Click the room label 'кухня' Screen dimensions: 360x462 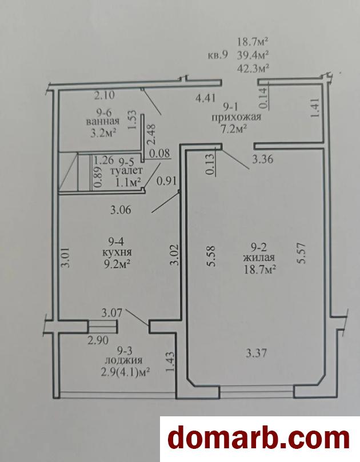point(117,252)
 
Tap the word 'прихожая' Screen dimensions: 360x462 point(237,117)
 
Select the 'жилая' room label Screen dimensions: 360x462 point(259,258)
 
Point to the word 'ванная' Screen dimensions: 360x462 point(103,122)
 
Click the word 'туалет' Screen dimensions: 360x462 point(126,170)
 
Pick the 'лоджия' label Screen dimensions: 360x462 point(124,360)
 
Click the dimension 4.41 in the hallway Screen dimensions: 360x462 point(206,98)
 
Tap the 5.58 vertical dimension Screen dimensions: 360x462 point(211,256)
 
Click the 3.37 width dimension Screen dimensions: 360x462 point(257,352)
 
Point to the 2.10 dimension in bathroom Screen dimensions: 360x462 point(104,95)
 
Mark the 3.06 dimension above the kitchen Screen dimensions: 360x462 point(121,210)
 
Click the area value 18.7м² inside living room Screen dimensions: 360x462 point(259,270)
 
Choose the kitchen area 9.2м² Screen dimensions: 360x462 point(117,264)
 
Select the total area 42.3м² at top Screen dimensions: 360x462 point(253,69)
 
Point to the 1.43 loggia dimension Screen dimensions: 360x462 point(171,362)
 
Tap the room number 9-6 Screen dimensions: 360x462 point(103,113)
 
